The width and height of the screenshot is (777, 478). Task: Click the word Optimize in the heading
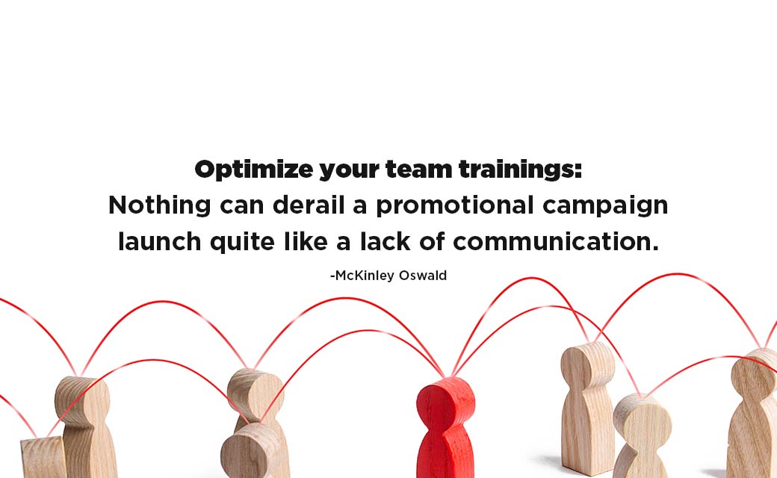[x=254, y=170]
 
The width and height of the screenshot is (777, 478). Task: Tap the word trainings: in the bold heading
[x=520, y=170]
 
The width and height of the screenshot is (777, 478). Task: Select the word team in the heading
[x=418, y=170]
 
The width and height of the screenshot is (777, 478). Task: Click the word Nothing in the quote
[x=160, y=205]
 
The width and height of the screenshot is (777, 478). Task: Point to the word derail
[x=309, y=205]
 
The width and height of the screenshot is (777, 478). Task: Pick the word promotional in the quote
[x=455, y=205]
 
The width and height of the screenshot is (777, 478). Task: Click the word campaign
[x=605, y=205]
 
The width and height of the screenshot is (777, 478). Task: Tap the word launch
[x=160, y=241]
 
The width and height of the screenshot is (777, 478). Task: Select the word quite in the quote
[x=242, y=242]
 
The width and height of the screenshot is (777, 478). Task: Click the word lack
[x=385, y=241]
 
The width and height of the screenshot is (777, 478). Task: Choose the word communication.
[x=556, y=241]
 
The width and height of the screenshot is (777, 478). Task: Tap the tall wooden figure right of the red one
[x=588, y=407]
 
